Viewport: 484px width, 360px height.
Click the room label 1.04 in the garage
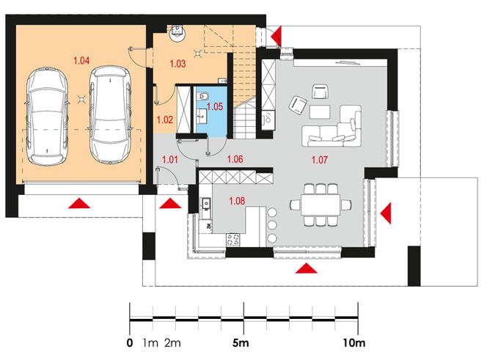pos(81,61)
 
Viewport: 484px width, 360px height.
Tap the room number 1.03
pos(177,64)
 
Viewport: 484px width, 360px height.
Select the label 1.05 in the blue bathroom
pos(215,106)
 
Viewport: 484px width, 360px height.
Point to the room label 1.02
pos(165,120)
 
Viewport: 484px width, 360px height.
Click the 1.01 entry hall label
pos(170,160)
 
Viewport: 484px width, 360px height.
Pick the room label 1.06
pos(235,159)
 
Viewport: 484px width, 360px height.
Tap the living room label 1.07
pos(319,160)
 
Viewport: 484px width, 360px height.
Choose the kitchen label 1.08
pos(237,201)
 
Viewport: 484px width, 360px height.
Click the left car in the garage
pos(47,116)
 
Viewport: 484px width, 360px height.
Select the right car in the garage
pos(111,114)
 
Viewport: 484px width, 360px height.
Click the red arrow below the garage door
pos(79,204)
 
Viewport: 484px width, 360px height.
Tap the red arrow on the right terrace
pos(386,213)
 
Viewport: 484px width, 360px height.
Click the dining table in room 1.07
pos(320,205)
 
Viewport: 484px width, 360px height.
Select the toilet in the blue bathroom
pos(202,97)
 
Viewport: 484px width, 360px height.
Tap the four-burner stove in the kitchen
pos(233,239)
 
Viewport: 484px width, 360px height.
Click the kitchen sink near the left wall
pos(206,204)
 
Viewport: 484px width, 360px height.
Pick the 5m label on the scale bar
pos(241,342)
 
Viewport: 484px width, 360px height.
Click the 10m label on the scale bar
pos(354,342)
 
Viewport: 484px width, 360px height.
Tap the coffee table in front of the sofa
pos(320,111)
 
